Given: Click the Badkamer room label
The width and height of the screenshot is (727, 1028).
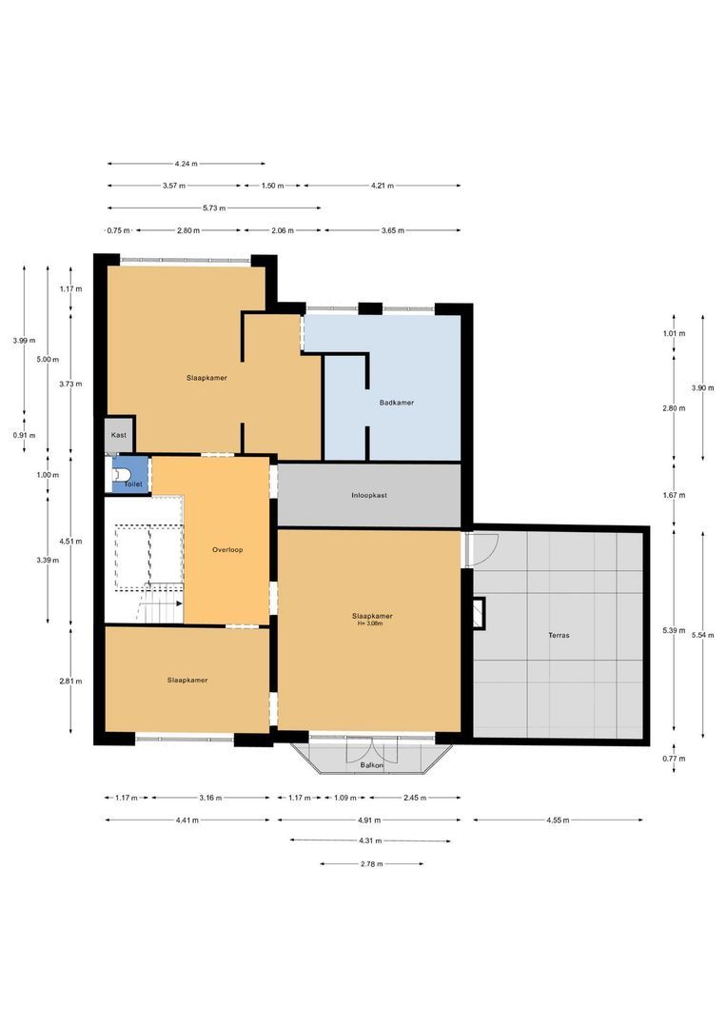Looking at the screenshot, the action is pos(397,403).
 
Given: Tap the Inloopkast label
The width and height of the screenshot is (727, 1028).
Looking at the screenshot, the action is pos(369,496).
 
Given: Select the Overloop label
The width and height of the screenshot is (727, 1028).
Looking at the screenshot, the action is pos(227,550).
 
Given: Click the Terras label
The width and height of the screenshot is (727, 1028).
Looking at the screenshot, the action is pos(559,635).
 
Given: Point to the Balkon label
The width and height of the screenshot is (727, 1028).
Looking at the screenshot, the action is pos(371,765).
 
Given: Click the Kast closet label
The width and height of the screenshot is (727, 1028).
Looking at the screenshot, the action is pos(119,435).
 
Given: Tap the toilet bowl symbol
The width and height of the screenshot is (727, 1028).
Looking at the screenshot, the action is pos(121,473).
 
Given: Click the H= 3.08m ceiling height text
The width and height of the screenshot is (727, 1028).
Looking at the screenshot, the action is pos(370,623).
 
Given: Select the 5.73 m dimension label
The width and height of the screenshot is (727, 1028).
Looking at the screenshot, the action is pos(214,208).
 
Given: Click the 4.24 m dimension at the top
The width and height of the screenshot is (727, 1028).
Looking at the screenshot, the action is pos(187,164).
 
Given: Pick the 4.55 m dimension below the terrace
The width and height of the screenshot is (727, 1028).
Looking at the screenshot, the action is pos(558,820).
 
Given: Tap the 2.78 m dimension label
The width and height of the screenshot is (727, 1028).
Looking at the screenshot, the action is pos(371,864).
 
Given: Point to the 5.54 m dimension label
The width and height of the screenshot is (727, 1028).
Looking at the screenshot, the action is pos(703,635).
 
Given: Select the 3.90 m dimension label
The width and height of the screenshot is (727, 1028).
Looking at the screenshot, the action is pos(703,388).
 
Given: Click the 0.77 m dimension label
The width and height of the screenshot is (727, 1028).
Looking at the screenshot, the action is pos(674,759).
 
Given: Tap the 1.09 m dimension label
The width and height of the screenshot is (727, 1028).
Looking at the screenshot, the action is pos(344,798).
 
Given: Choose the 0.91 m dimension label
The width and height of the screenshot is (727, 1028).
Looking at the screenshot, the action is pos(24,435).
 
